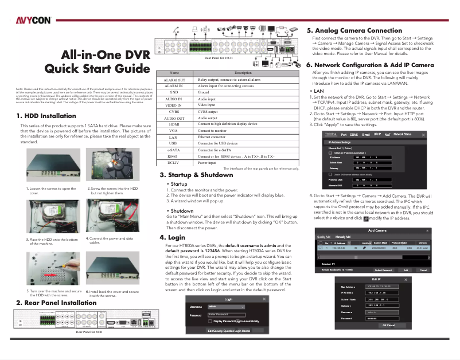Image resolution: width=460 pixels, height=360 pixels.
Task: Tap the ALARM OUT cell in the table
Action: point(174,80)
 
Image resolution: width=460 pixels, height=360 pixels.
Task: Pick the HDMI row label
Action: point(174,124)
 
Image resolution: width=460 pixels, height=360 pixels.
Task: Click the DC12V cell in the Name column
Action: point(174,162)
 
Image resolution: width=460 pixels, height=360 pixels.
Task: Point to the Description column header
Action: point(243,73)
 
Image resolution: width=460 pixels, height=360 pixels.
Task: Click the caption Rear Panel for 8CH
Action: point(89,332)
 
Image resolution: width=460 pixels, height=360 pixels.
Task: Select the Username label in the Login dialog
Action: point(196,307)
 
